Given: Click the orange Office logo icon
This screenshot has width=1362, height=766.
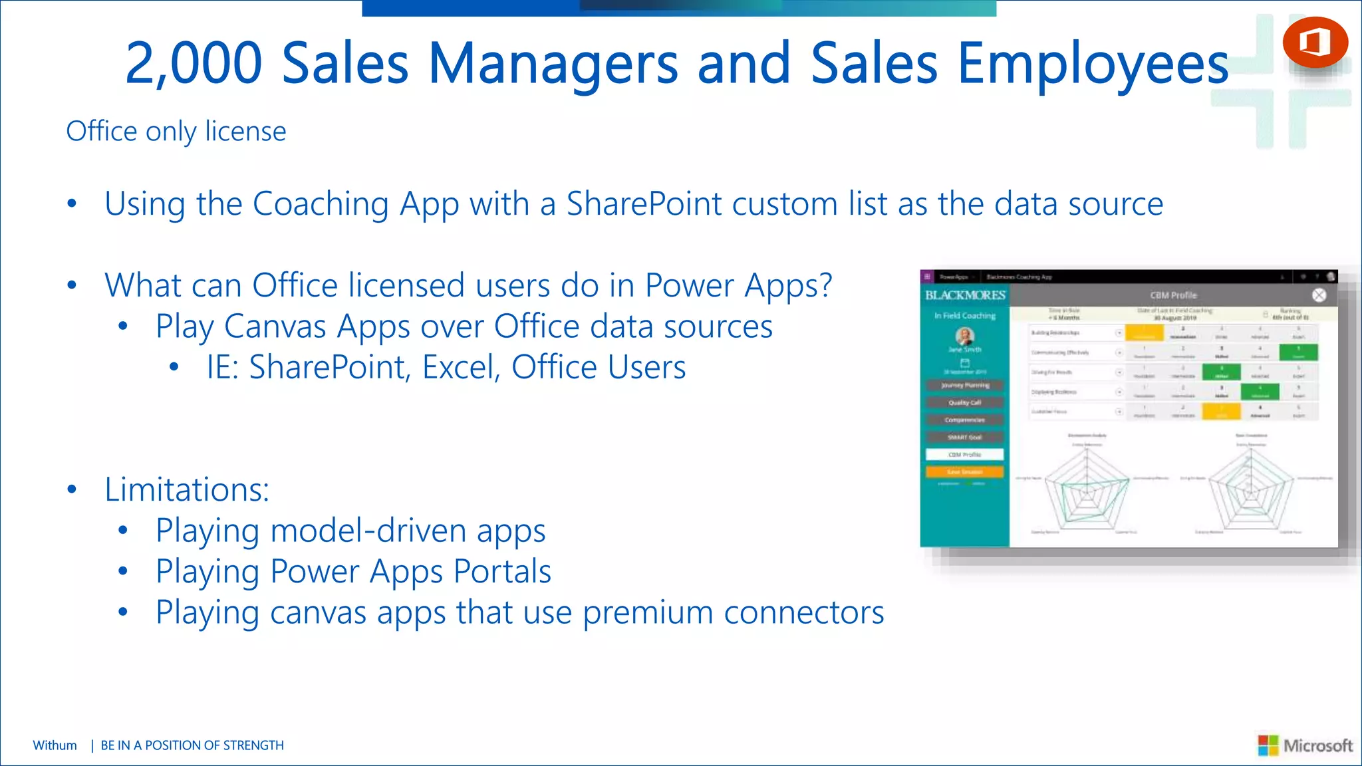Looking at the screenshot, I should [x=1315, y=42].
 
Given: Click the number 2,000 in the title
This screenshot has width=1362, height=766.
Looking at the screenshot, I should [x=194, y=64].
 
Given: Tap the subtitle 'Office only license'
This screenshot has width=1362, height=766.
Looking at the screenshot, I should [x=176, y=132].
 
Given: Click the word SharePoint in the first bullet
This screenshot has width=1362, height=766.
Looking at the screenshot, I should [x=643, y=204].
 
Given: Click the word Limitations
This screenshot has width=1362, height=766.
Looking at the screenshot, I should [x=186, y=490].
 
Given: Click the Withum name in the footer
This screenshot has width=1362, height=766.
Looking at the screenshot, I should [x=55, y=745].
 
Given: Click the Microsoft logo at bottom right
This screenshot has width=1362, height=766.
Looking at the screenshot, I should [x=1305, y=745].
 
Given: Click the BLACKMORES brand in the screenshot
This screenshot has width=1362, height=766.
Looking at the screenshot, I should [x=965, y=295].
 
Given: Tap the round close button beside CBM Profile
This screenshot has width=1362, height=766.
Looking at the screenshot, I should [x=1319, y=295].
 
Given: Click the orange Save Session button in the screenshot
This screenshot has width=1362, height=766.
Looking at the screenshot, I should [x=964, y=472].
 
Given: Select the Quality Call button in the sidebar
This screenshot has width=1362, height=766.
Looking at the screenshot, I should [x=964, y=403].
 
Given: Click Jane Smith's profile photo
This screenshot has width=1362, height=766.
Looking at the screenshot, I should [x=964, y=336].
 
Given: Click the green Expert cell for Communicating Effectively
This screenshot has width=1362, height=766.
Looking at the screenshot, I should [x=1298, y=352].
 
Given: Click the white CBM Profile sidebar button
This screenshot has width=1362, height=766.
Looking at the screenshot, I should [x=964, y=455].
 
